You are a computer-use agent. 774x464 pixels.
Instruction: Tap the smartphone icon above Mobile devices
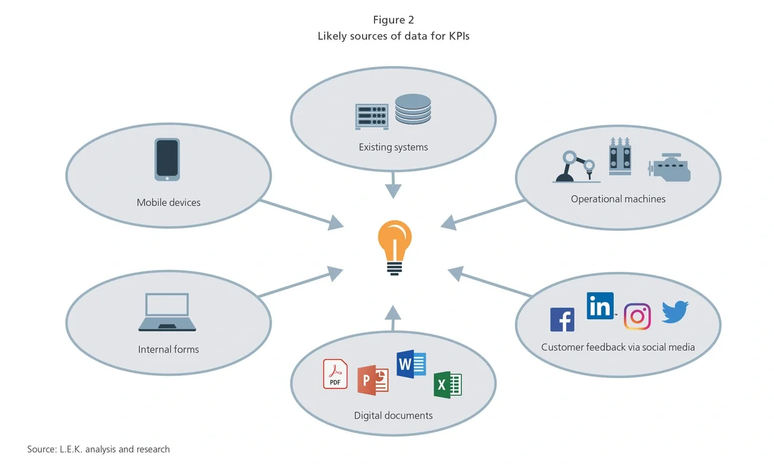[x=167, y=159]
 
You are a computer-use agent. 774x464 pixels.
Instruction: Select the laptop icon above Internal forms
[x=167, y=312]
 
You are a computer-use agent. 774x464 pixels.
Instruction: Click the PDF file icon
[x=335, y=374]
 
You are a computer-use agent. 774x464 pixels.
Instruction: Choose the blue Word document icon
[x=411, y=363]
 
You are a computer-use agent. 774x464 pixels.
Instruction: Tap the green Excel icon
[x=447, y=384]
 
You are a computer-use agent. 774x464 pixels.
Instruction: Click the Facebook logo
[x=562, y=319]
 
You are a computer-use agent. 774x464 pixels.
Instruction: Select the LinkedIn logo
[x=600, y=306]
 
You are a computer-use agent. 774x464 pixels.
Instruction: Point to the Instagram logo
[x=637, y=316]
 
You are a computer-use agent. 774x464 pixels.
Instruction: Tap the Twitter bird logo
[x=675, y=312]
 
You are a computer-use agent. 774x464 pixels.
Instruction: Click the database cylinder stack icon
[x=413, y=109]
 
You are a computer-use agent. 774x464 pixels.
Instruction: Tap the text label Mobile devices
[x=168, y=202]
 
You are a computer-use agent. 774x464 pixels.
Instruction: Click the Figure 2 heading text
[x=394, y=20]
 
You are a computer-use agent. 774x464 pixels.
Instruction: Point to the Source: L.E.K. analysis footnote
[x=98, y=449]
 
